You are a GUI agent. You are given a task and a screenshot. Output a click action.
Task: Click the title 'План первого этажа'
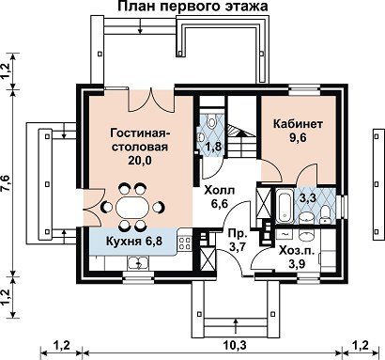(193, 7)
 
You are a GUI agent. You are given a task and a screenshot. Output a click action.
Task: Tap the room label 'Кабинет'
(298, 124)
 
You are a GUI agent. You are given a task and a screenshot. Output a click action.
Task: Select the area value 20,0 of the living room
(140, 160)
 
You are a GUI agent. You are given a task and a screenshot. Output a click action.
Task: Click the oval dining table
(131, 207)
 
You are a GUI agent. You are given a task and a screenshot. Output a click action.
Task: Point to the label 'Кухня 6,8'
(134, 242)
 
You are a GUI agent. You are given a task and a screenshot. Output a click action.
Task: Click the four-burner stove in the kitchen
(185, 243)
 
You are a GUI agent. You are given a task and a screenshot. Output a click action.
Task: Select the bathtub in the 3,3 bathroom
(285, 206)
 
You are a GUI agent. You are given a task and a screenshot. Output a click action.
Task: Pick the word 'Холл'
(219, 190)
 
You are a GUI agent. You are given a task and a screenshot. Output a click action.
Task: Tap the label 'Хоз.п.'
(296, 251)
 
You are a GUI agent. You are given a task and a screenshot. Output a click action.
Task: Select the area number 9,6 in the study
(298, 138)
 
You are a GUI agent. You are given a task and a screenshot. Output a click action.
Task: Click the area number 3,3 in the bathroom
(308, 198)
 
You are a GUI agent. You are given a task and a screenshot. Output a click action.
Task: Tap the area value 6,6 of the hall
(219, 204)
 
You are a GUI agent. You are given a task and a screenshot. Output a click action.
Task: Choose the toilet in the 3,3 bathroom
(326, 214)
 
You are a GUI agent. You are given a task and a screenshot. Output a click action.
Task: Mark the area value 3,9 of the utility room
(296, 264)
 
